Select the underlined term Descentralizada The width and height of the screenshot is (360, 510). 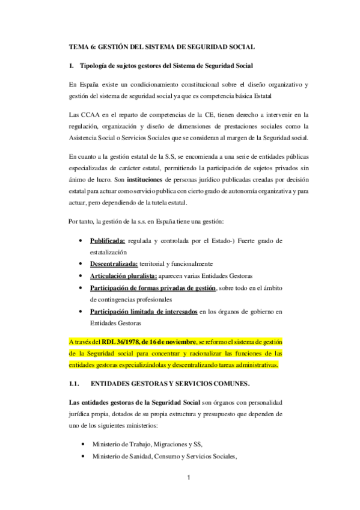[x=114, y=263]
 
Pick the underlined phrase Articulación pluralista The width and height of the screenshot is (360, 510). [x=123, y=275]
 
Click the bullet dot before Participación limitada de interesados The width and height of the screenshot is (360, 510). [x=81, y=312]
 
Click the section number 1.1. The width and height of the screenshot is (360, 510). [x=75, y=383]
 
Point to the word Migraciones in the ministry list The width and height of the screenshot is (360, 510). [x=172, y=444]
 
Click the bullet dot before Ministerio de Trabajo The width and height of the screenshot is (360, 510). [x=81, y=444]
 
